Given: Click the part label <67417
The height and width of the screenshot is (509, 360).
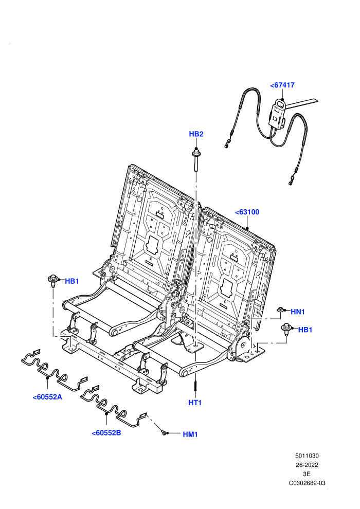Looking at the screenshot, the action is [282, 85].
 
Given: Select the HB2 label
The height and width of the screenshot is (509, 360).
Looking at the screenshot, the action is [196, 134].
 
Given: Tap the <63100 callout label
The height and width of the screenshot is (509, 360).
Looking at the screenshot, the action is [247, 212].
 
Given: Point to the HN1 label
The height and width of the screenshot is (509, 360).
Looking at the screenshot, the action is [298, 312].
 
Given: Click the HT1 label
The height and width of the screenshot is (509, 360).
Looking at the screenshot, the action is [195, 403].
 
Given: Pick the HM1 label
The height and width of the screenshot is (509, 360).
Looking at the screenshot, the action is [190, 434].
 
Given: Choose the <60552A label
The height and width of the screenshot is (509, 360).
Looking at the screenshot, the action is [47, 397].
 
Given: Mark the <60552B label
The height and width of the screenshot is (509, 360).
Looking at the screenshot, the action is [106, 433].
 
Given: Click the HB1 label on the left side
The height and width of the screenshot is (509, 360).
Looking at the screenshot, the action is [72, 281].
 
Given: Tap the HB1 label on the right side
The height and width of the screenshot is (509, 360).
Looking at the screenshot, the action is [305, 330].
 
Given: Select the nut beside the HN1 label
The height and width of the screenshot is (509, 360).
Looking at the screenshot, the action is [280, 310].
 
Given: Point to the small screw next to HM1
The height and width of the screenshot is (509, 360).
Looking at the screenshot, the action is [164, 432].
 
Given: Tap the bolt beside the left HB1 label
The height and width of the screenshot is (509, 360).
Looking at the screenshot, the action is [53, 281].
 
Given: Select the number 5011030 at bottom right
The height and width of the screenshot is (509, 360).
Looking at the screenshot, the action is [307, 456].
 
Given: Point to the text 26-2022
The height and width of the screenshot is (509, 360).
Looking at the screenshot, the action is [307, 465].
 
